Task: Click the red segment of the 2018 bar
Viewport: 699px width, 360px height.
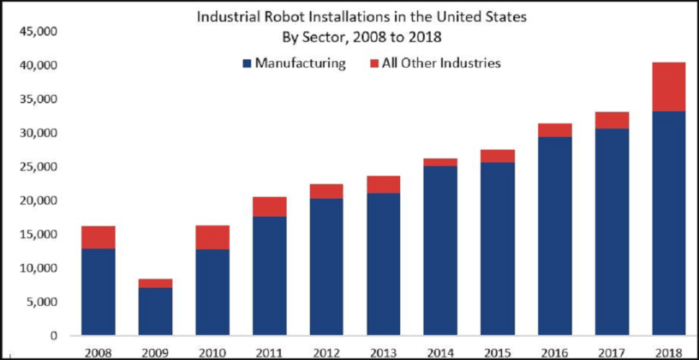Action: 669,87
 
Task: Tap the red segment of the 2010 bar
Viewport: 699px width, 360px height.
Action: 213,237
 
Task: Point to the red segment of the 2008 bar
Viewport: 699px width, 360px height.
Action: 99,237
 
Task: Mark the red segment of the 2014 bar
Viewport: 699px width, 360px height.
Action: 441,162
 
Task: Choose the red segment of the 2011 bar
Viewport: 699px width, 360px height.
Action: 270,207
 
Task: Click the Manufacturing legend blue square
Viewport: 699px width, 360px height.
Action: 248,63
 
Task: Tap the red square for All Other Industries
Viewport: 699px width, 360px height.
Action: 373,63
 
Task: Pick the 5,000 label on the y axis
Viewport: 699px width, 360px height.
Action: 40,302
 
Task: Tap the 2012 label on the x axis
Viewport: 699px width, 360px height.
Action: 327,351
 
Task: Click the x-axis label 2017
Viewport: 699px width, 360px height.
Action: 612,351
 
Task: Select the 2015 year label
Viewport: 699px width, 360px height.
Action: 498,351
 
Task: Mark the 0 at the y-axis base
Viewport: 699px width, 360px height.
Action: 52,336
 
